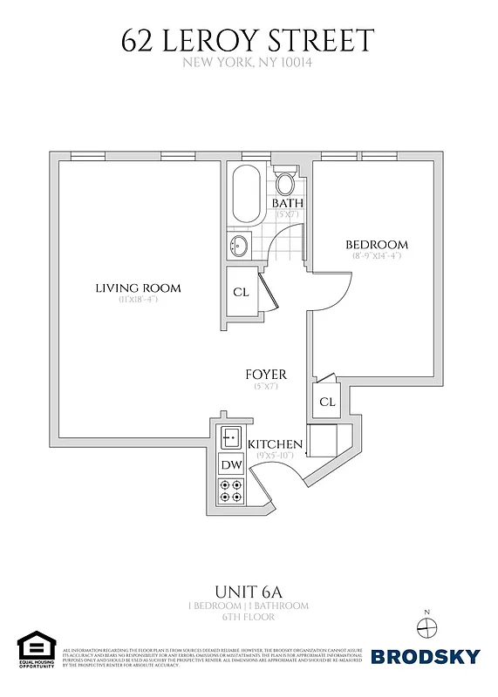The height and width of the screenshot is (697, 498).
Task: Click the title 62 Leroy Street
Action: click(248, 40)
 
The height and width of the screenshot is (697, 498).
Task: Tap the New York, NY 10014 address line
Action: click(248, 62)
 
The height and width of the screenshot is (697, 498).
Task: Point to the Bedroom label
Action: click(376, 245)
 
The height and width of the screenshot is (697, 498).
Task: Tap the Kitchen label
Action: click(276, 444)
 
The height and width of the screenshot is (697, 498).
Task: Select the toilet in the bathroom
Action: click(285, 183)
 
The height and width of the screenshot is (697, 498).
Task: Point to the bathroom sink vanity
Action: click(240, 247)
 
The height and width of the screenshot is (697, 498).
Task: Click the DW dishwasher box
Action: click(231, 466)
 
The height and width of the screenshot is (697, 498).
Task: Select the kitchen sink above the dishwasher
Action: click(231, 436)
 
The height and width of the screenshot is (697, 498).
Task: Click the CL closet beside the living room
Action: click(242, 293)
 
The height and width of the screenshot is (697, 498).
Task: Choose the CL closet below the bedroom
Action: click(327, 402)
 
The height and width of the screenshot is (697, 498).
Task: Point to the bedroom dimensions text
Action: click(376, 256)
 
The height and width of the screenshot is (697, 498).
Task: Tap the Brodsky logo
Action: click(426, 656)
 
